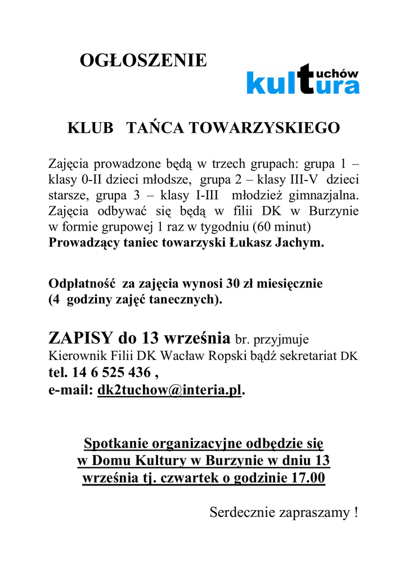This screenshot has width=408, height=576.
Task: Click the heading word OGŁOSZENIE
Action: [144, 60]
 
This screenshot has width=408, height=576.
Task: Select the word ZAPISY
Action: [81, 339]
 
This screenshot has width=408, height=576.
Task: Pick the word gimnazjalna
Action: [324, 196]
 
